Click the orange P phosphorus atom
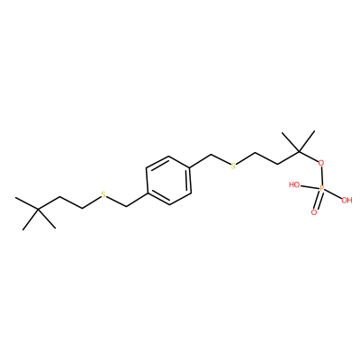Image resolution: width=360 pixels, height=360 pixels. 321,188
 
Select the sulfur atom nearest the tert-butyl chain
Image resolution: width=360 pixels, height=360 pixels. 103,194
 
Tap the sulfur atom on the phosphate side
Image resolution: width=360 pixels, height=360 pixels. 233,166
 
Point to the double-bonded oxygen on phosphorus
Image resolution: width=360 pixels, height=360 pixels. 314,212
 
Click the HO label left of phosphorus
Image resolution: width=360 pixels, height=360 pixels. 294,184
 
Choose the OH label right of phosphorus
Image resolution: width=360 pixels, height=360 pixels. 346,200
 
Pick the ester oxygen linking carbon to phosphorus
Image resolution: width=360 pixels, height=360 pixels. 321,164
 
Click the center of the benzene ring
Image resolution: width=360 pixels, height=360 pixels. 168,180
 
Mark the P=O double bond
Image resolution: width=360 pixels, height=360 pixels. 318,201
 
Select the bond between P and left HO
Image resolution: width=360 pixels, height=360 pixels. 310,186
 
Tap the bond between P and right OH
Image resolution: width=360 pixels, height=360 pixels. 333,194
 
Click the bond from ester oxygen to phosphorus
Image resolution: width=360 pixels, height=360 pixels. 321,176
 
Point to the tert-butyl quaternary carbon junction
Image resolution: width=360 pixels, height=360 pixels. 38,209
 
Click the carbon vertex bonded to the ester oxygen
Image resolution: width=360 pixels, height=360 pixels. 299,151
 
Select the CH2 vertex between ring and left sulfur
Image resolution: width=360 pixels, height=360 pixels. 127,206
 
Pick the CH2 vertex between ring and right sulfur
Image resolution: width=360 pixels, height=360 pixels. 211,155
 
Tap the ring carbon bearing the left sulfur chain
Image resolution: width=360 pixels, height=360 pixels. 147,193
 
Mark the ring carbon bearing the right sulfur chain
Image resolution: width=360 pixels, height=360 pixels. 190,167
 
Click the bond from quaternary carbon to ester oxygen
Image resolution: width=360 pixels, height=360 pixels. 309,157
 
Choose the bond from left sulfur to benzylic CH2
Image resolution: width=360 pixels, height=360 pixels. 117,201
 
